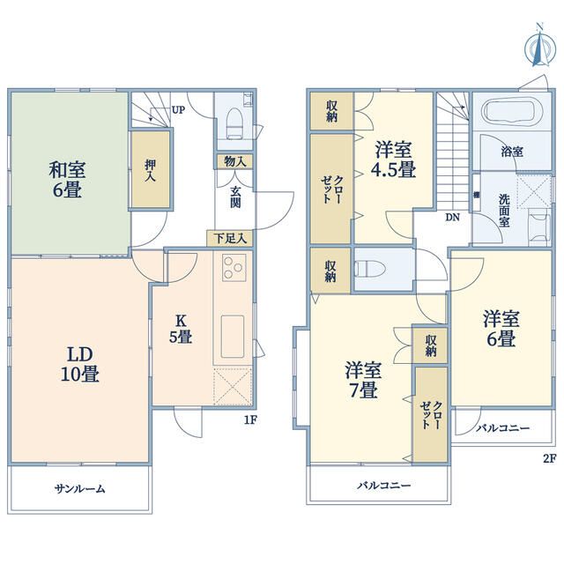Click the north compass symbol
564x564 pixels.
[539, 46]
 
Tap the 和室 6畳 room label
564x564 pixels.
[67, 180]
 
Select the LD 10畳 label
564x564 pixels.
[80, 364]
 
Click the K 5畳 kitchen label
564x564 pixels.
[181, 329]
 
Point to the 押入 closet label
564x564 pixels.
[151, 171]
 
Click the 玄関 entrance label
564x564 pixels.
[235, 197]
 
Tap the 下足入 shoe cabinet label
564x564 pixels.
[230, 238]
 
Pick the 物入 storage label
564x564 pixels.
[235, 161]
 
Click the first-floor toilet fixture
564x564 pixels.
[234, 123]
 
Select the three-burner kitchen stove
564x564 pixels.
[234, 267]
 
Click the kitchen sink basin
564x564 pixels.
[233, 337]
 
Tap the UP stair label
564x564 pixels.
[178, 109]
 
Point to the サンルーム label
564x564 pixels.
[80, 489]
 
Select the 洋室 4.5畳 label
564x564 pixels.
[394, 160]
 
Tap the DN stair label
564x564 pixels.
[452, 218]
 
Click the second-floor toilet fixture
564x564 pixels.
[369, 269]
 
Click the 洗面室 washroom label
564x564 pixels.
[504, 211]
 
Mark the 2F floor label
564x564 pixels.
[549, 458]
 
